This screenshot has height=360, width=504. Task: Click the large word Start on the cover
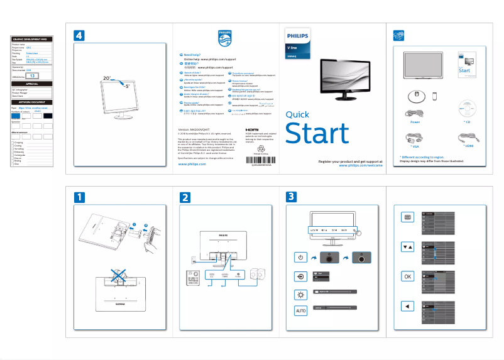(317, 134)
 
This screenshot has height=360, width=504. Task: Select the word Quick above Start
(297, 114)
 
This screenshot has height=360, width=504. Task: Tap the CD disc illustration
(468, 107)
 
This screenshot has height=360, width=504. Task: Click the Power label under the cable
(415, 122)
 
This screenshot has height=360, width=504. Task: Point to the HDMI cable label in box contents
(468, 146)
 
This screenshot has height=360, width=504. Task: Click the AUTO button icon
(300, 311)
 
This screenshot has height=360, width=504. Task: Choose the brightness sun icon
(300, 294)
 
